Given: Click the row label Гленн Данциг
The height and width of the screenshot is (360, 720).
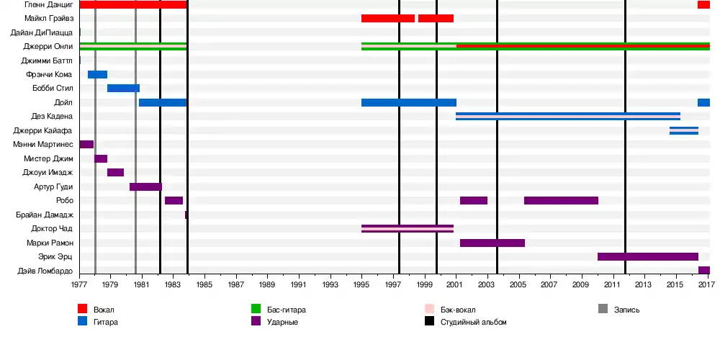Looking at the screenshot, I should (48, 5).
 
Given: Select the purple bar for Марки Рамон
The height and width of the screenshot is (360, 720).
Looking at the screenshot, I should (492, 243).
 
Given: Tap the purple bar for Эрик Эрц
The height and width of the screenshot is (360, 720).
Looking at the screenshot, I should (648, 256).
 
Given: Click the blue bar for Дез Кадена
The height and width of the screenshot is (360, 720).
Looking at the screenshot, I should (568, 116).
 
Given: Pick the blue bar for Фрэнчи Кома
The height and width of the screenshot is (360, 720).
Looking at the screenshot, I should (98, 74).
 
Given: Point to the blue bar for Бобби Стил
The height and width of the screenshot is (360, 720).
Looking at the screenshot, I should (123, 88).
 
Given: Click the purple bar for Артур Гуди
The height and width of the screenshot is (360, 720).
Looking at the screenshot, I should (145, 186).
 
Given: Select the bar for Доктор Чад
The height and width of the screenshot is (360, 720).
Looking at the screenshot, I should (408, 228).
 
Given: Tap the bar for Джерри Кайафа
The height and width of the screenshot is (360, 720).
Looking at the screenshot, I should (684, 130).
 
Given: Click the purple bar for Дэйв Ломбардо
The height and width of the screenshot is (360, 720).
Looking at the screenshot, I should (704, 271).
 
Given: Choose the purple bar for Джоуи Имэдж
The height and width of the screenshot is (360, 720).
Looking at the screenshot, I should (115, 172).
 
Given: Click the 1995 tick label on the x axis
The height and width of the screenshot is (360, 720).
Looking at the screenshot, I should (362, 285).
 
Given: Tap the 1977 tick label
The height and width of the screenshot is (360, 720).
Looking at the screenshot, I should (79, 285).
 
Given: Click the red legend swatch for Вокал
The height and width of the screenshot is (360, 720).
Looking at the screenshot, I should (83, 310).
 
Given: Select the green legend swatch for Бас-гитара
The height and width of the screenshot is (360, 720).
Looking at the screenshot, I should (255, 310).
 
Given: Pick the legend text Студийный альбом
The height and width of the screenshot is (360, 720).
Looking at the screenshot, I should (474, 322).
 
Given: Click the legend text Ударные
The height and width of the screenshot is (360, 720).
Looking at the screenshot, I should (282, 322).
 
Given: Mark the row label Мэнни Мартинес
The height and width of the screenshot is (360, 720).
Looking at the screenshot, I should (42, 144).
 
